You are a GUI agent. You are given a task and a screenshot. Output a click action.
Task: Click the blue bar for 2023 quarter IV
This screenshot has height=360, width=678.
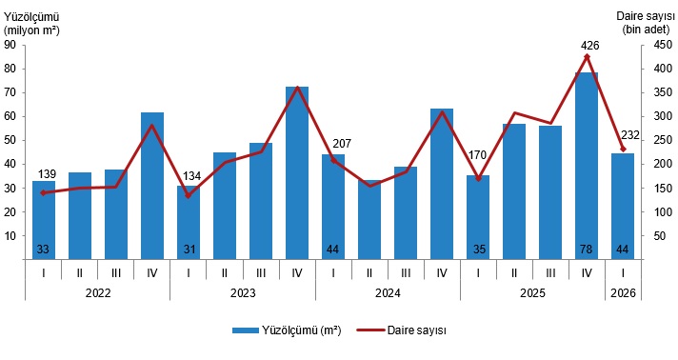pyautogui.click(x=297, y=173)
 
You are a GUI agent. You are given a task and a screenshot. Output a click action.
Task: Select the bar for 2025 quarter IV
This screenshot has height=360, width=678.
pyautogui.click(x=587, y=166)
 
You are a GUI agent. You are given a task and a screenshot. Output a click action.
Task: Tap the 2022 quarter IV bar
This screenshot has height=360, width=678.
pyautogui.click(x=152, y=186)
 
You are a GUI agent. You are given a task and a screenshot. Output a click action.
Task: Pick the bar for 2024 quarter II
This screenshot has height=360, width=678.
pyautogui.click(x=369, y=220)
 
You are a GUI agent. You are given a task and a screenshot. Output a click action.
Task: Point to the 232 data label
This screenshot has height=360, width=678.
pyautogui.click(x=630, y=135)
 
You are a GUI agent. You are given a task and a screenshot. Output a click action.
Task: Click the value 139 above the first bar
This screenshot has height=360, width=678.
pyautogui.click(x=47, y=174)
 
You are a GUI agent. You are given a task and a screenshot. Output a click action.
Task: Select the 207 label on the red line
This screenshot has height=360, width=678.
pyautogui.click(x=342, y=143)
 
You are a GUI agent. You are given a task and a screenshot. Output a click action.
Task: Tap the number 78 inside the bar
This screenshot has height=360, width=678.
pyautogui.click(x=587, y=250)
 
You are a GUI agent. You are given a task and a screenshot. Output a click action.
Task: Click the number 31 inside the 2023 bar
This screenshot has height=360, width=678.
pyautogui.click(x=189, y=250)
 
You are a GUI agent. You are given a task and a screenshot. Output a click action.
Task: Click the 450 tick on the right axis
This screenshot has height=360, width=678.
pyautogui.click(x=664, y=45)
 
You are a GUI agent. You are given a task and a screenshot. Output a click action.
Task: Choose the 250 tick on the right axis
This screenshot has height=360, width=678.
pyautogui.click(x=664, y=141)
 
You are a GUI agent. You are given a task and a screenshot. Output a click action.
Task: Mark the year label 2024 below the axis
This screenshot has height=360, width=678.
pyautogui.click(x=388, y=293)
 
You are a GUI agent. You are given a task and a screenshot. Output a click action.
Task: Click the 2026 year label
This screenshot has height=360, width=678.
pyautogui.click(x=623, y=293)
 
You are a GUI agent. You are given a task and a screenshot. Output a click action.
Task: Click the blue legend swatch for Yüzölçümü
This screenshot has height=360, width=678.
pyautogui.click(x=245, y=330)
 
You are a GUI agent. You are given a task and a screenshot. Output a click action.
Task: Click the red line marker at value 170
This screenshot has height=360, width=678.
pyautogui.click(x=478, y=178)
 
